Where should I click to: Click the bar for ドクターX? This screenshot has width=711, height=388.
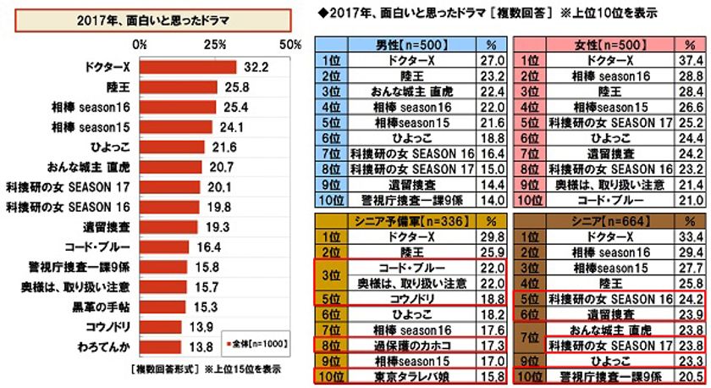[188, 67]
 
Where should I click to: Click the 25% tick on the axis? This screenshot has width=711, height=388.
[215, 43]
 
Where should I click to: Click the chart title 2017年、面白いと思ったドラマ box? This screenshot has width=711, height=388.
[150, 19]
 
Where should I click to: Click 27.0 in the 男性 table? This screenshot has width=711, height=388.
[488, 60]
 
